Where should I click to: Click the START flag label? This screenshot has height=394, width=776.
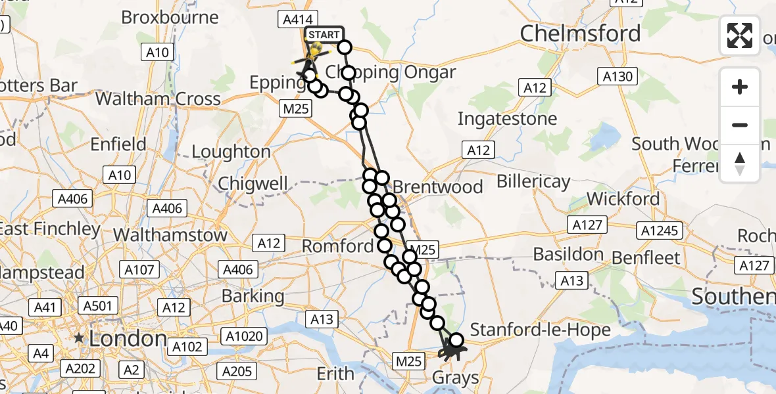point(324,35)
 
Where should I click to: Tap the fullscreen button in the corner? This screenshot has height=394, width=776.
point(740,35)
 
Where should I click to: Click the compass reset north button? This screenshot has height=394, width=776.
point(740,164)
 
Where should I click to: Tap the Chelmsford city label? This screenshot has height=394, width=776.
point(580,33)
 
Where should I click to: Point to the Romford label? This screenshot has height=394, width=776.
point(337,246)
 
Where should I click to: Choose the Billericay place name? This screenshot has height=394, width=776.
point(533,181)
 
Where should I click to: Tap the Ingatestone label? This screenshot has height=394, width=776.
point(507,120)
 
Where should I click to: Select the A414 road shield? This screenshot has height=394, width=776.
point(298,20)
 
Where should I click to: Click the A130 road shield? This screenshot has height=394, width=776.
point(619,77)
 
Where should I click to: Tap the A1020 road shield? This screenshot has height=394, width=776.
point(246,337)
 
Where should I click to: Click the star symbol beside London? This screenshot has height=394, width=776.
point(80,338)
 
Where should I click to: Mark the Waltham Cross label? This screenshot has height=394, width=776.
point(158,99)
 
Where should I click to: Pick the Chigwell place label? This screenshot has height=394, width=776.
point(253,183)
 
